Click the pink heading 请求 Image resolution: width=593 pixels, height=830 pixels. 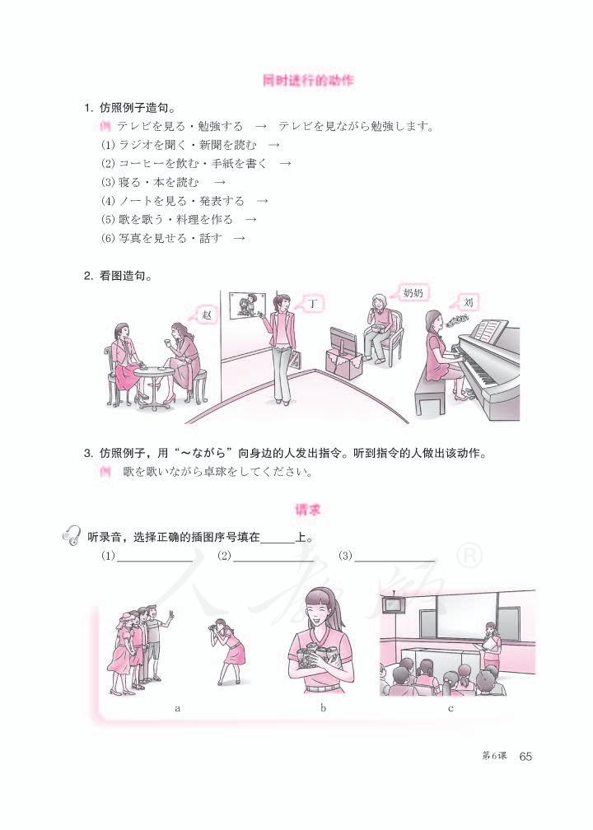[x=307, y=511]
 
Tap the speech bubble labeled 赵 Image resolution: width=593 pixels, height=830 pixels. [x=206, y=315]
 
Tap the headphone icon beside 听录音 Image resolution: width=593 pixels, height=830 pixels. [x=72, y=537]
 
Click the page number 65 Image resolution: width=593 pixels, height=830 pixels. [x=527, y=758]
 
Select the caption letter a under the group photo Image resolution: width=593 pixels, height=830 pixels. [x=178, y=708]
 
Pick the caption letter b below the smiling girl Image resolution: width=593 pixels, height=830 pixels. [x=324, y=708]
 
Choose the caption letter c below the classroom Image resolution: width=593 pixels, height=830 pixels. [x=451, y=708]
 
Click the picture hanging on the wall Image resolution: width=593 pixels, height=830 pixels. [x=247, y=305]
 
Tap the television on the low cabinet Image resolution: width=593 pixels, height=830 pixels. [x=342, y=340]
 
